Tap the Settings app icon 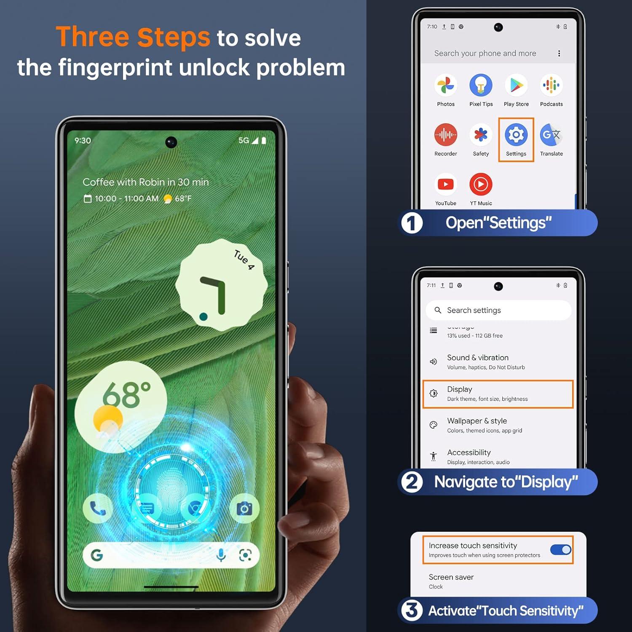516,135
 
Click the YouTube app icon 445,185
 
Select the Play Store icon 516,86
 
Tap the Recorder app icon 445,135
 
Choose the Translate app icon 551,135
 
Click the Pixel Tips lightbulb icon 481,86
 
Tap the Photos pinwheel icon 445,86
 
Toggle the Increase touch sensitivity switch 561,550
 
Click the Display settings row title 459,389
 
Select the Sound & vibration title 477,358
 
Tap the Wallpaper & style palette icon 433,425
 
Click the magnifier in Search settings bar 438,310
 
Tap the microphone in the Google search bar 221,555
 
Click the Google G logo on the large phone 97,555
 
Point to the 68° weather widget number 126,395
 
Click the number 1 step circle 412,223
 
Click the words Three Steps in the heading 133,37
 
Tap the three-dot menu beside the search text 559,54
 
